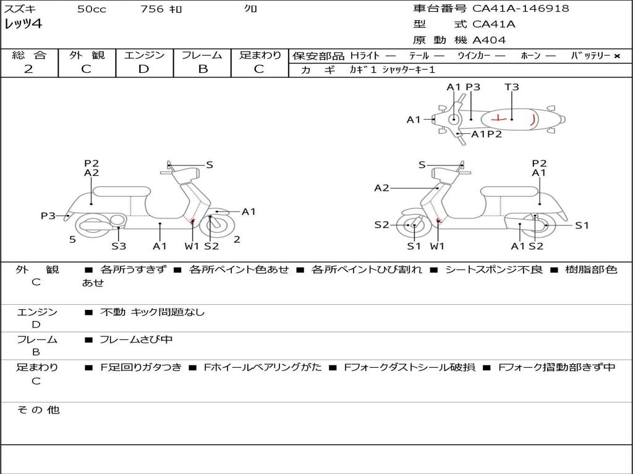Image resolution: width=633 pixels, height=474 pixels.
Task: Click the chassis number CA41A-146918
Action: click(x=520, y=9)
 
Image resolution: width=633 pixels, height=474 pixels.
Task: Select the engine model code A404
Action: click(x=489, y=40)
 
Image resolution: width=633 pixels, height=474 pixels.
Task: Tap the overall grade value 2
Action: click(x=28, y=69)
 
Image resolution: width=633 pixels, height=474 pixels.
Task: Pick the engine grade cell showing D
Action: click(x=143, y=69)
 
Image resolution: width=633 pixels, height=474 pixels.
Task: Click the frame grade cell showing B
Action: click(x=203, y=69)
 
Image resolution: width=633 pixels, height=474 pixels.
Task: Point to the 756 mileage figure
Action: click(x=152, y=9)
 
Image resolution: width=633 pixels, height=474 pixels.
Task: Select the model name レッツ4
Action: click(x=23, y=25)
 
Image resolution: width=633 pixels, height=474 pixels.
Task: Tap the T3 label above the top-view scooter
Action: click(x=512, y=87)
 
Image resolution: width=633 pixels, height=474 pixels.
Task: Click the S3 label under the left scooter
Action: click(x=119, y=246)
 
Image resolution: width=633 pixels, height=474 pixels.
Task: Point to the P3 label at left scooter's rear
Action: click(x=48, y=215)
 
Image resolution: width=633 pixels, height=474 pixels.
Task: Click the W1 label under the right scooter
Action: click(x=438, y=246)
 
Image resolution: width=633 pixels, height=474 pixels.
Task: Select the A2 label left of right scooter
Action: click(x=381, y=188)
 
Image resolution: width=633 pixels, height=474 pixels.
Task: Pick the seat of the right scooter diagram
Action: click(x=509, y=191)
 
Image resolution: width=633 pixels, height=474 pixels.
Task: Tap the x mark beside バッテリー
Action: click(x=616, y=56)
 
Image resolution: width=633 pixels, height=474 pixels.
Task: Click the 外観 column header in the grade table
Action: click(x=87, y=56)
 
